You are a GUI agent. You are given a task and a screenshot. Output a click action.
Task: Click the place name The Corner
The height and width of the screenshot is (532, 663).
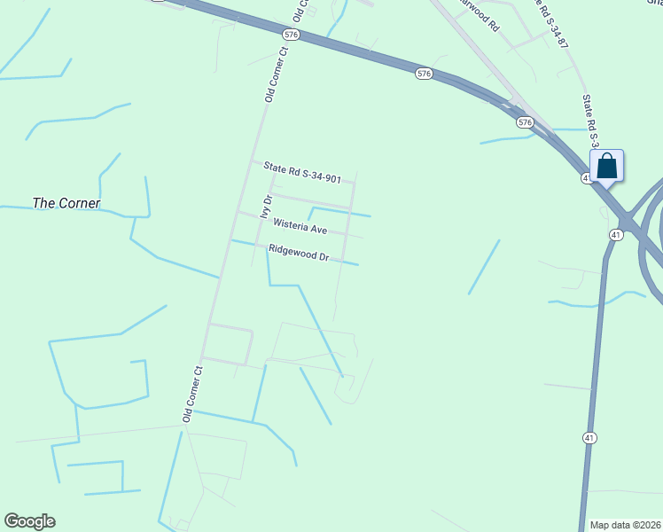[66, 203]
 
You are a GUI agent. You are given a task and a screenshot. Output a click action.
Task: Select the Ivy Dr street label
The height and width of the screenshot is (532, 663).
[264, 206]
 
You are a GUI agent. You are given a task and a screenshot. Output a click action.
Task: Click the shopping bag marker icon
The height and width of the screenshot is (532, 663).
[606, 166]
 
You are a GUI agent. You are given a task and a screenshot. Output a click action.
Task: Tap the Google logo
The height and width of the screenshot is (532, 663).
[29, 521]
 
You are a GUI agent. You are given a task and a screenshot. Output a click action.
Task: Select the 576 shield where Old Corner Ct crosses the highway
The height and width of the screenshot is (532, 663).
[291, 34]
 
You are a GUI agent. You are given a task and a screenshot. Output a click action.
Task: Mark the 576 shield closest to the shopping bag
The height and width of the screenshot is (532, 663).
[525, 121]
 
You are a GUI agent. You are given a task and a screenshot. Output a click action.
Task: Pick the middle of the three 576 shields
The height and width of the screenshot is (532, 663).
[424, 74]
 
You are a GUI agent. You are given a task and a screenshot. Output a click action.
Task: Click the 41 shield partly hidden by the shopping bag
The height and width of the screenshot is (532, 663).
[588, 178]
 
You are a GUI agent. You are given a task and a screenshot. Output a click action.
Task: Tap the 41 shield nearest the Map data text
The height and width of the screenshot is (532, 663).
[589, 438]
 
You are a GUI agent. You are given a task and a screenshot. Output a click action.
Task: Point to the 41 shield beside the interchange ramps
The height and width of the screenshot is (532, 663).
[616, 234]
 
